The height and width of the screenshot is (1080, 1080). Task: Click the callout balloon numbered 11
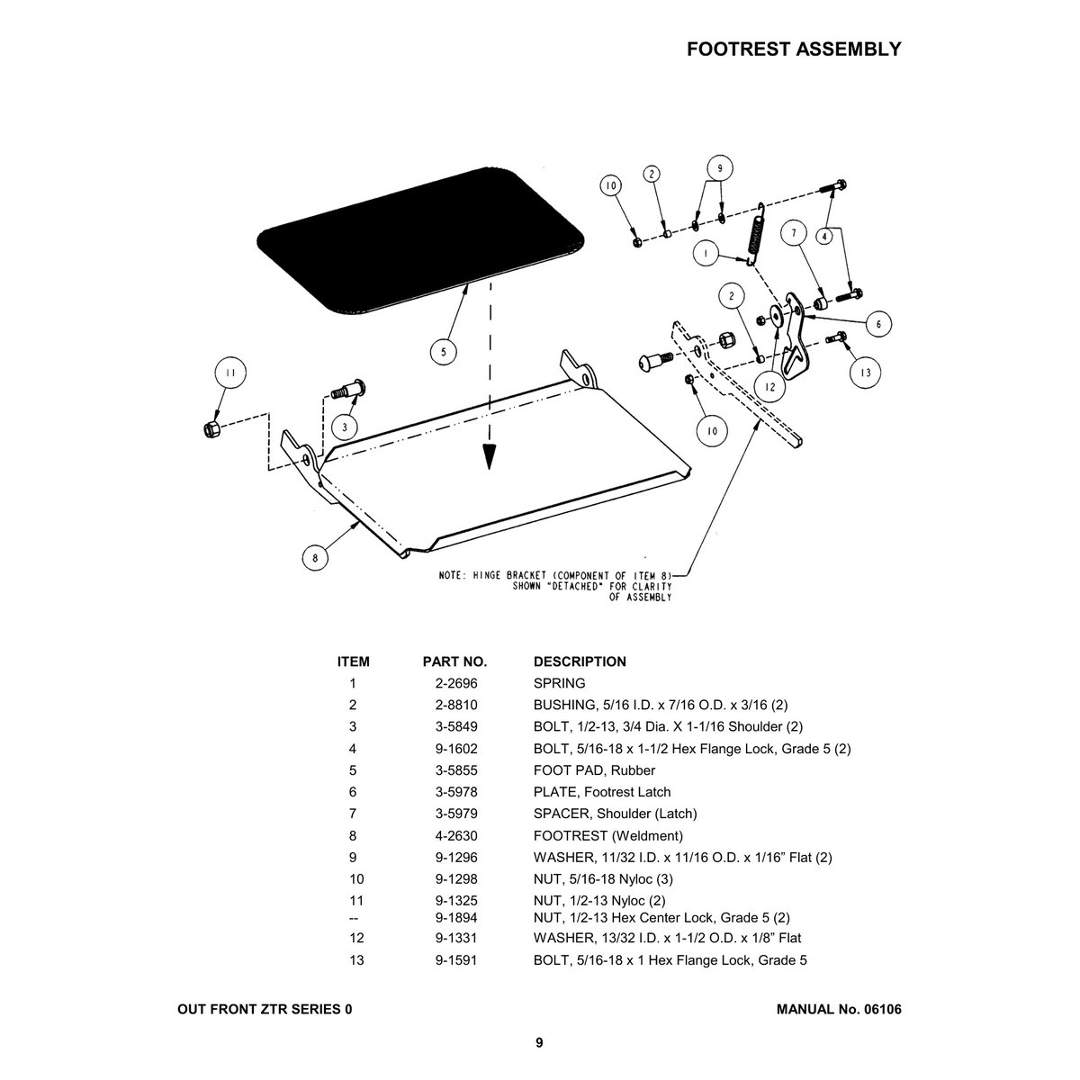pos(231,372)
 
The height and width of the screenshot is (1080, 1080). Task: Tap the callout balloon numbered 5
pos(443,352)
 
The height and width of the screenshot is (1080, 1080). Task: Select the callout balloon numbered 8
pos(314,558)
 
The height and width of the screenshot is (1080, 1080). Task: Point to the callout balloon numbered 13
pos(865,371)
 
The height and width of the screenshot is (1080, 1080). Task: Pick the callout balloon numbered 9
pos(719,167)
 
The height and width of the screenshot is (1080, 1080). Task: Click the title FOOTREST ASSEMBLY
pos(793,49)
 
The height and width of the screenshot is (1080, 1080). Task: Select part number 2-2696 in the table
pos(454,683)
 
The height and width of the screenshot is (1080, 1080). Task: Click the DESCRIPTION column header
pos(580,661)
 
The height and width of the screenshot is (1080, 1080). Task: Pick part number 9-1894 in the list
pos(454,918)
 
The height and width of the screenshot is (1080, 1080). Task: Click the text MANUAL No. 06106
pos(838,1010)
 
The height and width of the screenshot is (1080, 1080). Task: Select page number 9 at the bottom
pos(539,1043)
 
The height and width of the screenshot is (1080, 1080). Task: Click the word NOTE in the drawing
pos(452,576)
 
